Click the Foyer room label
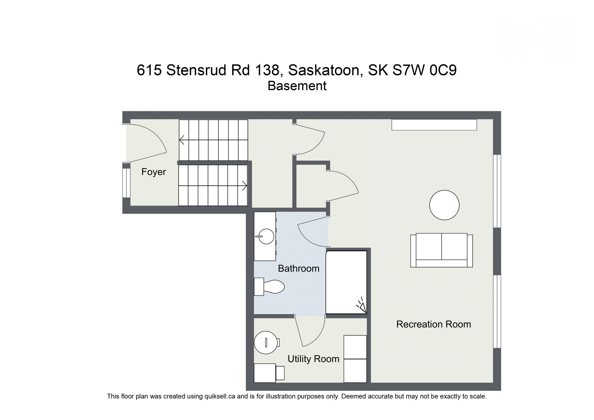click(x=153, y=172)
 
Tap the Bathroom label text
click(x=298, y=269)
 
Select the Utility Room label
click(x=313, y=359)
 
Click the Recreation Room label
click(x=433, y=324)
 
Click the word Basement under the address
click(x=297, y=86)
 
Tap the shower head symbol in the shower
click(x=361, y=306)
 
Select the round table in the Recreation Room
click(x=444, y=205)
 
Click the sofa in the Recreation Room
click(x=441, y=250)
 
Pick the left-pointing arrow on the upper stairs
click(x=182, y=140)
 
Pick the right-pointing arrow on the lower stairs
click(x=244, y=186)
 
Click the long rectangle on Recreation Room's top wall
click(x=434, y=125)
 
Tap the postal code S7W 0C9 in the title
click(x=424, y=70)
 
